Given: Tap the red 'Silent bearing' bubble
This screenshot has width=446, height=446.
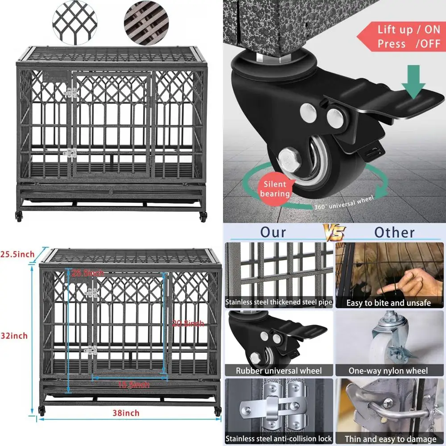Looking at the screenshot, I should pos(275,189).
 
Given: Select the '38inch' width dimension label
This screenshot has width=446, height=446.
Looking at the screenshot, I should pos(125,413).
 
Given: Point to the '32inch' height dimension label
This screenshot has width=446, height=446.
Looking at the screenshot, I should pos(14,335).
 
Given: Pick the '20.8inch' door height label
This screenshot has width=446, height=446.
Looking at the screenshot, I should pos(188,323).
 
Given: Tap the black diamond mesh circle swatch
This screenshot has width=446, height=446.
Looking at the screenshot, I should pos(74,20).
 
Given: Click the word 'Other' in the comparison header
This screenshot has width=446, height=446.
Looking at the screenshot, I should pos(394,232).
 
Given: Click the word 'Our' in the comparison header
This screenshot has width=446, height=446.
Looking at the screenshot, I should pos(274,232).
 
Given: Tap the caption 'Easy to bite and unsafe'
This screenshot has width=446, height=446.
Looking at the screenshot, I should pos(389,303).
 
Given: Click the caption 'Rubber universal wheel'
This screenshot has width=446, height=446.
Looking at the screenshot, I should pos(279,371).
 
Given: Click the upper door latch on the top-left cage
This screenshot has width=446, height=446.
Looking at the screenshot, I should pos(70,93).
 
